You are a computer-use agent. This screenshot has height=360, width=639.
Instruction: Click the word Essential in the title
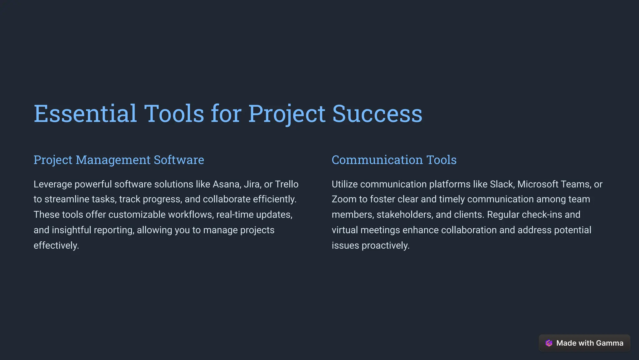click(85, 113)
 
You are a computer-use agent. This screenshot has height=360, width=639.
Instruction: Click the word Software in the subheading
click(179, 160)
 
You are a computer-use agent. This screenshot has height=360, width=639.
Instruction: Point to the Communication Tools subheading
click(394, 160)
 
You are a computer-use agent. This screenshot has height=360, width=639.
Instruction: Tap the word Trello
click(286, 184)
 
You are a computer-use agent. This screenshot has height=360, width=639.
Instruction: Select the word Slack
click(502, 184)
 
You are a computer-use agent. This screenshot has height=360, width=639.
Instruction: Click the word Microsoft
click(538, 184)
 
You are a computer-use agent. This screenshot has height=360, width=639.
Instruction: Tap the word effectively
click(56, 246)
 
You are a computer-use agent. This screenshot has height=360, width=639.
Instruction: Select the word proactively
click(385, 246)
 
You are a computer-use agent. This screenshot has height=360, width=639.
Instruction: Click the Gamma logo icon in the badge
click(549, 343)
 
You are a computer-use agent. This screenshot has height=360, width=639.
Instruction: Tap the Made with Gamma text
click(590, 343)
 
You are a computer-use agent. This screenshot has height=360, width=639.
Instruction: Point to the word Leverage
click(53, 184)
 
